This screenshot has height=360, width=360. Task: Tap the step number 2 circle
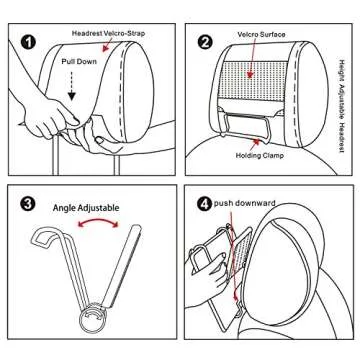point(205,43)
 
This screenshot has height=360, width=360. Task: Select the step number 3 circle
point(28,205)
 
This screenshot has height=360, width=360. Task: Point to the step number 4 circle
point(205,204)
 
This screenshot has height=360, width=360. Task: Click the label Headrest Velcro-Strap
point(108,34)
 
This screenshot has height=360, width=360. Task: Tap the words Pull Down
point(79,62)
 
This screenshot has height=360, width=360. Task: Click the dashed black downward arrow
point(72,86)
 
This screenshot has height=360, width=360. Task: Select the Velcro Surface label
point(261,34)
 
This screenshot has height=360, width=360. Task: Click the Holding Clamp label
point(260,155)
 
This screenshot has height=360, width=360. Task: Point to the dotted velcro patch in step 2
point(253,79)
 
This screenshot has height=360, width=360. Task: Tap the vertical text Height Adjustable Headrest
point(342,106)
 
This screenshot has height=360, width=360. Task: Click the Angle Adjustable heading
point(86,208)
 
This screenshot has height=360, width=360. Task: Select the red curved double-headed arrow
point(98,220)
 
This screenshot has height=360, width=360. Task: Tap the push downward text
point(245,203)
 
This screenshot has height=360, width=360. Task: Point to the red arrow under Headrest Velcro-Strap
point(106,46)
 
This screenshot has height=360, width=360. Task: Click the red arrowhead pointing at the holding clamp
point(256,142)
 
